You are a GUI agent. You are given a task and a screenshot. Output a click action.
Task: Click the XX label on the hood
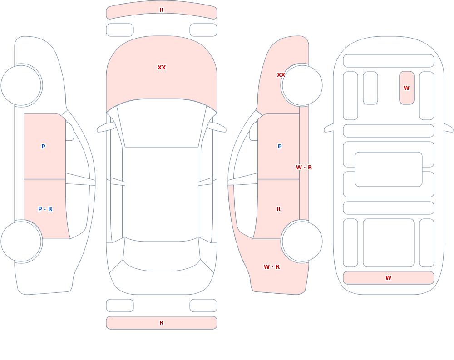162,68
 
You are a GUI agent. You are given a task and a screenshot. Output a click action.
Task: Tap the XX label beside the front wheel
281,75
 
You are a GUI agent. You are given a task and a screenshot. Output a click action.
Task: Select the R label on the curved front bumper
162,10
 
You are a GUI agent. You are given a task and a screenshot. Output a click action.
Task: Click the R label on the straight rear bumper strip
162,323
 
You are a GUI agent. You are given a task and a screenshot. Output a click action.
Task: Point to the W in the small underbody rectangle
406,88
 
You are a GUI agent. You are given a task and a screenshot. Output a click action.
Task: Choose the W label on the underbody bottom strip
388,277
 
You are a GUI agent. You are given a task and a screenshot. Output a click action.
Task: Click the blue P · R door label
45,209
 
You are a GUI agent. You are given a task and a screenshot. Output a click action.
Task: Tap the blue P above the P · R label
43,147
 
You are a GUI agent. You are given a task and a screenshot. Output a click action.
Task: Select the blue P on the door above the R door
280,147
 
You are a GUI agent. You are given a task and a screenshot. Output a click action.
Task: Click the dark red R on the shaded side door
279,209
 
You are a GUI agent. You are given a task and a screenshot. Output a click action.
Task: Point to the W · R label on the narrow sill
304,168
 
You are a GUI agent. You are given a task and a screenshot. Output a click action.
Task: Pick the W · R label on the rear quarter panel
271,267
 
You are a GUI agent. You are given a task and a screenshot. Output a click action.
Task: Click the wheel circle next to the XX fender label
302,85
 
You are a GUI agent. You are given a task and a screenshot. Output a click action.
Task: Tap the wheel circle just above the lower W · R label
302,241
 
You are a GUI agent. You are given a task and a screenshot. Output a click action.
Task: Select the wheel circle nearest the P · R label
21,241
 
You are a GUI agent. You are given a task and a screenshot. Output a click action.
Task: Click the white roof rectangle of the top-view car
162,194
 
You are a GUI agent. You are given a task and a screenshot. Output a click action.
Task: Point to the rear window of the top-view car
162,255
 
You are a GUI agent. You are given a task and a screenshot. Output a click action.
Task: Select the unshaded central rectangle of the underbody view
389,169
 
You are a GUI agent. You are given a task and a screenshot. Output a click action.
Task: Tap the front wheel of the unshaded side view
21,85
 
